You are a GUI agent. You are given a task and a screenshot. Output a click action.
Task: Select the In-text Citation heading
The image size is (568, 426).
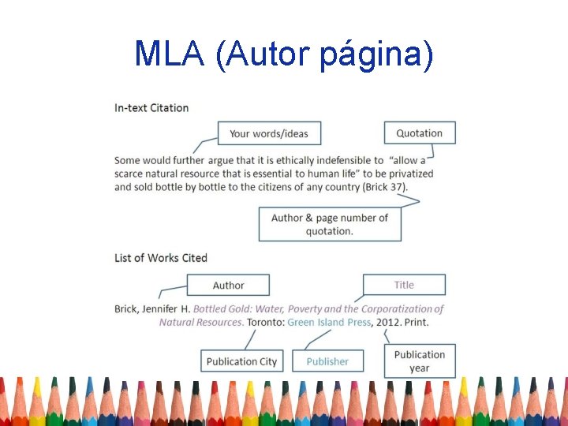[151, 107]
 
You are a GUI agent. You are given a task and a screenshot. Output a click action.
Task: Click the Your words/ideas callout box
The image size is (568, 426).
[269, 133]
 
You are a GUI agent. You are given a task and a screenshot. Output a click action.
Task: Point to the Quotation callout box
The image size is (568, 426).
[419, 133]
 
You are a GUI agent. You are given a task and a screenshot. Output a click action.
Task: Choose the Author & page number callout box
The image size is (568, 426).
[329, 224]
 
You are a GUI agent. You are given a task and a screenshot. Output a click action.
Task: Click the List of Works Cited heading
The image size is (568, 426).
[161, 258]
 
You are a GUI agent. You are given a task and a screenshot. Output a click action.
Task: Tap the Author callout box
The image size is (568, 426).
[228, 285]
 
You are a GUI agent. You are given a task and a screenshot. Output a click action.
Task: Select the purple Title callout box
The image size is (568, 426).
[404, 285]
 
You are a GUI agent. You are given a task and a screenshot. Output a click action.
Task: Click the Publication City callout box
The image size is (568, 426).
[241, 361]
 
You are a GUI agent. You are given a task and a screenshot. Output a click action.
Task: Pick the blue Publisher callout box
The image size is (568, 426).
[327, 361]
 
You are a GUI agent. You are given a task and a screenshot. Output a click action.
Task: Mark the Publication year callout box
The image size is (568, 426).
[420, 361]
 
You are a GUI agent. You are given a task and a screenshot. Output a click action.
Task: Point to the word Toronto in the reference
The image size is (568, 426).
[265, 322]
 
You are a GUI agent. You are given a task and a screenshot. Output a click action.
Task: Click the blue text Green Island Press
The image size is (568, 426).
[329, 322]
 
